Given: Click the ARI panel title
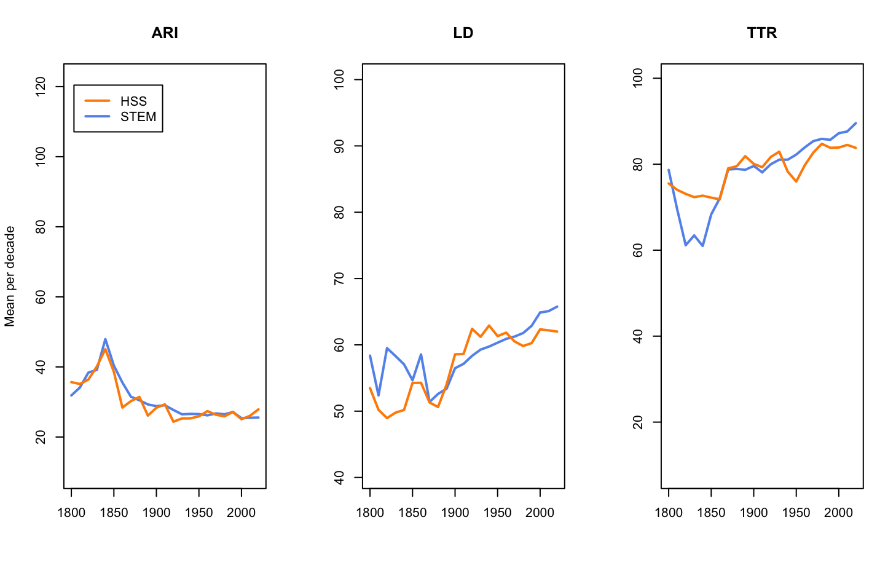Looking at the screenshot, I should pyautogui.click(x=165, y=33).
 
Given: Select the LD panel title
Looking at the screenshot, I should pyautogui.click(x=463, y=33).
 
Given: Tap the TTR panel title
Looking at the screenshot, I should pyautogui.click(x=762, y=33).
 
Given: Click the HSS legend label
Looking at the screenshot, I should pyautogui.click(x=133, y=101).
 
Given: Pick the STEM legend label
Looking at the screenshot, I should pyautogui.click(x=138, y=117).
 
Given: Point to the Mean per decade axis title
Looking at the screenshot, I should pyautogui.click(x=10, y=276).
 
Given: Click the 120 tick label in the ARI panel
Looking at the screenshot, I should pyautogui.click(x=41, y=87).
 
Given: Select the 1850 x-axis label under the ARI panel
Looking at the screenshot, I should pyautogui.click(x=114, y=513).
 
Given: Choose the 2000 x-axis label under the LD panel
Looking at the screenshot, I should pyautogui.click(x=540, y=513).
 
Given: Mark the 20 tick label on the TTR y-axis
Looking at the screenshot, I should pyautogui.click(x=639, y=422).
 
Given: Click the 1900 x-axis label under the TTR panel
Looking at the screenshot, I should pyautogui.click(x=753, y=513).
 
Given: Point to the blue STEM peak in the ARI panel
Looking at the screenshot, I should pyautogui.click(x=106, y=339).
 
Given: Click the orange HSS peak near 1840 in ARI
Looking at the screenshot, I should pyautogui.click(x=105, y=349).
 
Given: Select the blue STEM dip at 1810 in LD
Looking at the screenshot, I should pyautogui.click(x=379, y=395).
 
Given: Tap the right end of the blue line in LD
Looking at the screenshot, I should pyautogui.click(x=557, y=306).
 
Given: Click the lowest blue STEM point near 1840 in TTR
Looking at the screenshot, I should pyautogui.click(x=702, y=246).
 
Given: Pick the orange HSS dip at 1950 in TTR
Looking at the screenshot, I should pyautogui.click(x=796, y=181).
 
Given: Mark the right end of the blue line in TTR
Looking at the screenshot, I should pyautogui.click(x=855, y=123).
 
